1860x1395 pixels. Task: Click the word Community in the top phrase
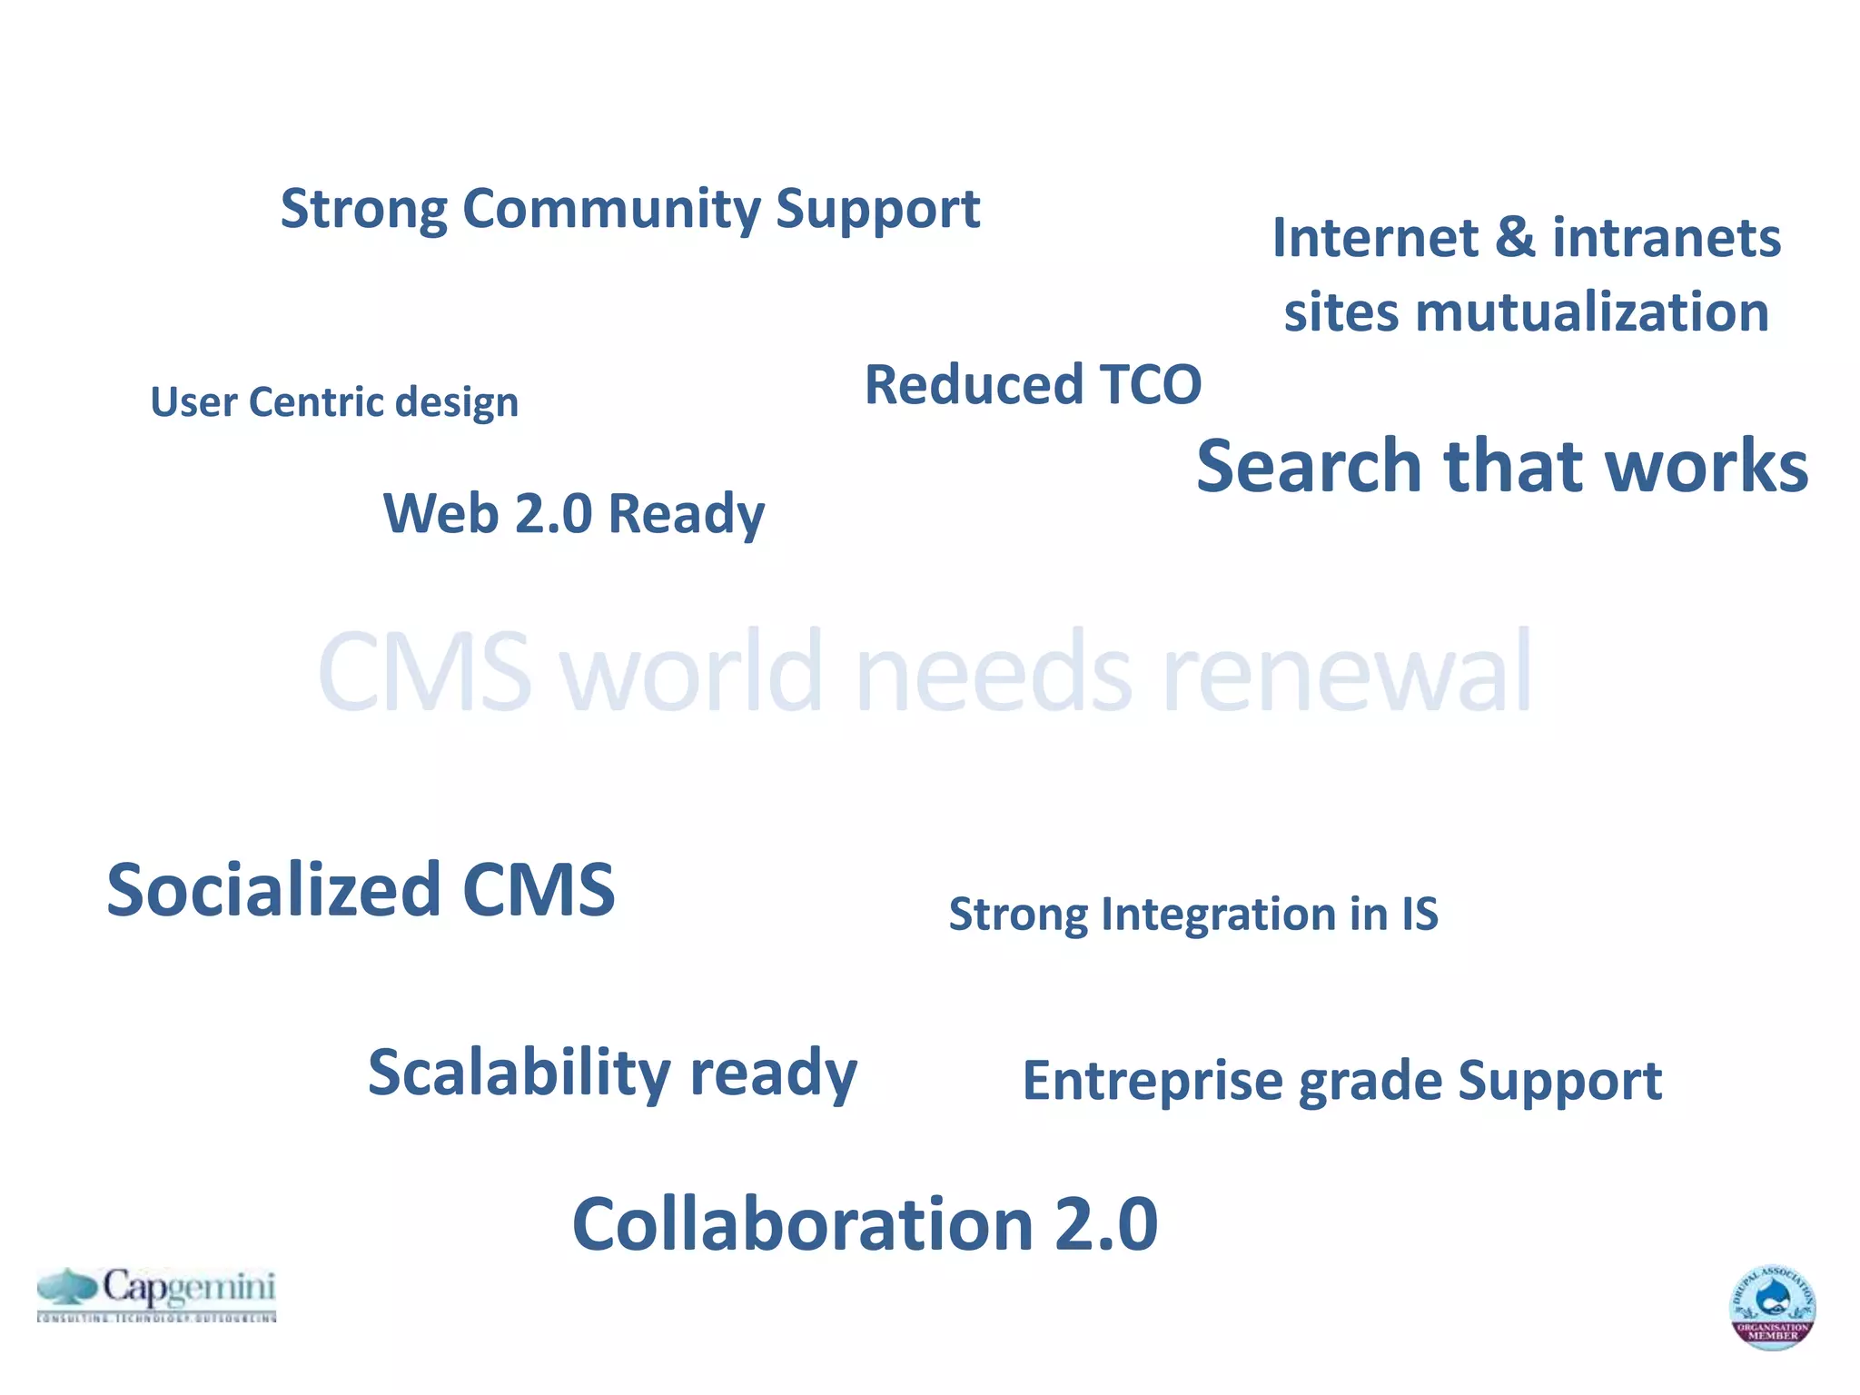click(611, 209)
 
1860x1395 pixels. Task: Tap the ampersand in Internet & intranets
click(1514, 238)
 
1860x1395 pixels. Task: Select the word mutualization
click(1591, 312)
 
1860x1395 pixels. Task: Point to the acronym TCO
click(1150, 384)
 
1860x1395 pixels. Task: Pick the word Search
click(1308, 466)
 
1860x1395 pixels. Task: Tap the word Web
click(440, 513)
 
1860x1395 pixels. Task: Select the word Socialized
click(273, 890)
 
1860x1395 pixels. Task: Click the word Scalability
click(519, 1073)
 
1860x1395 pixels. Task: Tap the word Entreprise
click(1155, 1081)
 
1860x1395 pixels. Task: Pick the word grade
click(1370, 1083)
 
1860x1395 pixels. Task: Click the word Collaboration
click(803, 1224)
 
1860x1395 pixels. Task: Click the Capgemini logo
click(156, 1293)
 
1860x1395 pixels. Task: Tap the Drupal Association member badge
click(1772, 1306)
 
